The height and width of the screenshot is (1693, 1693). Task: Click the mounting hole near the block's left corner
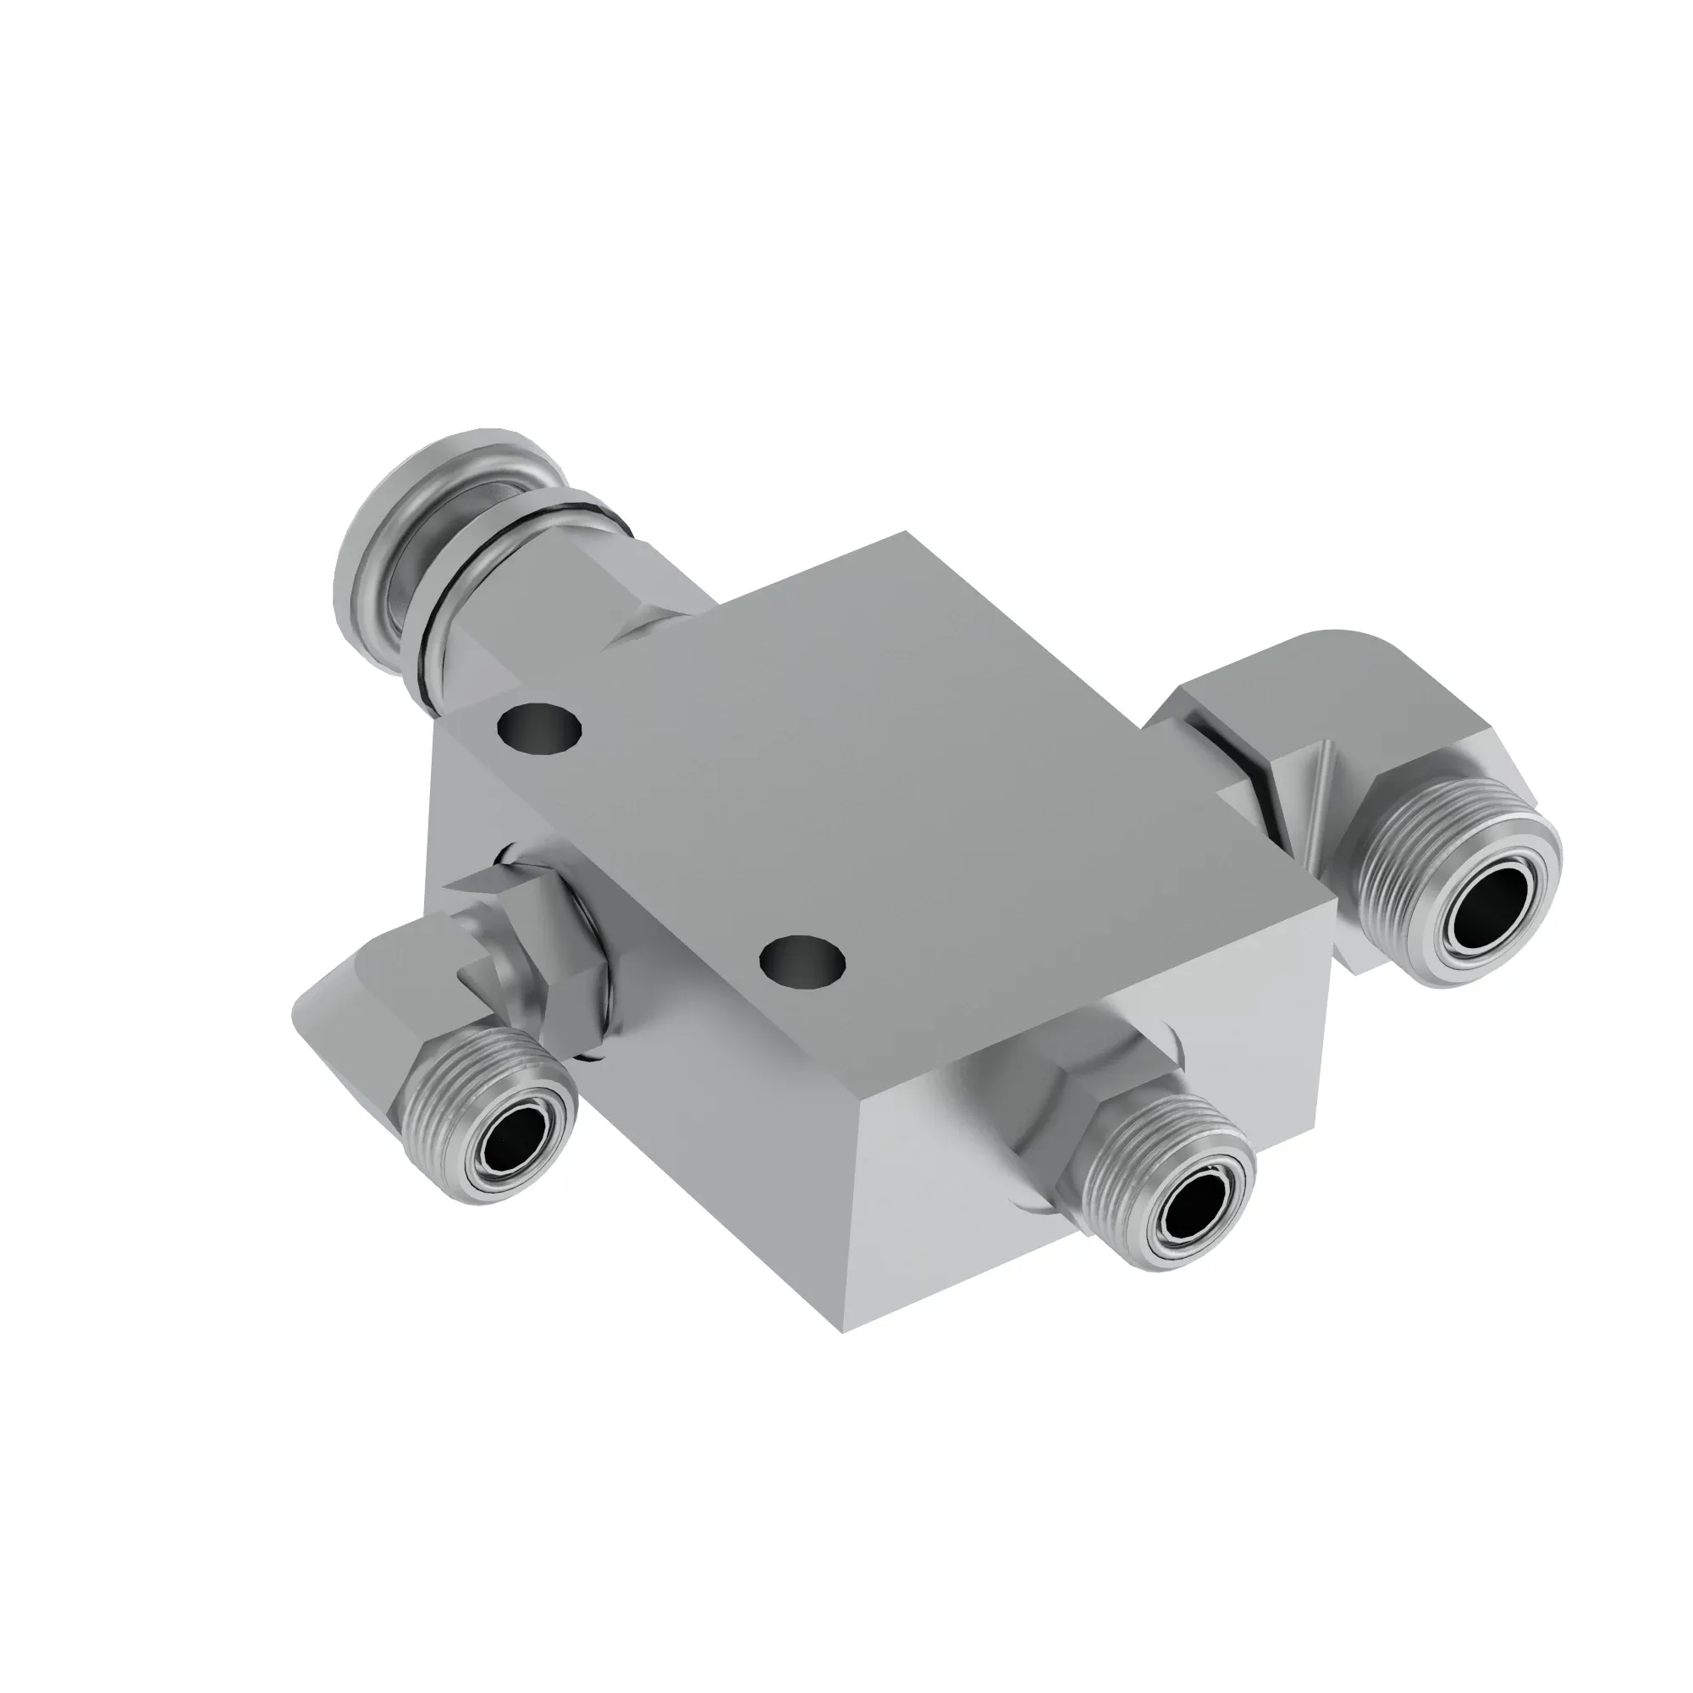[x=538, y=726]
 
